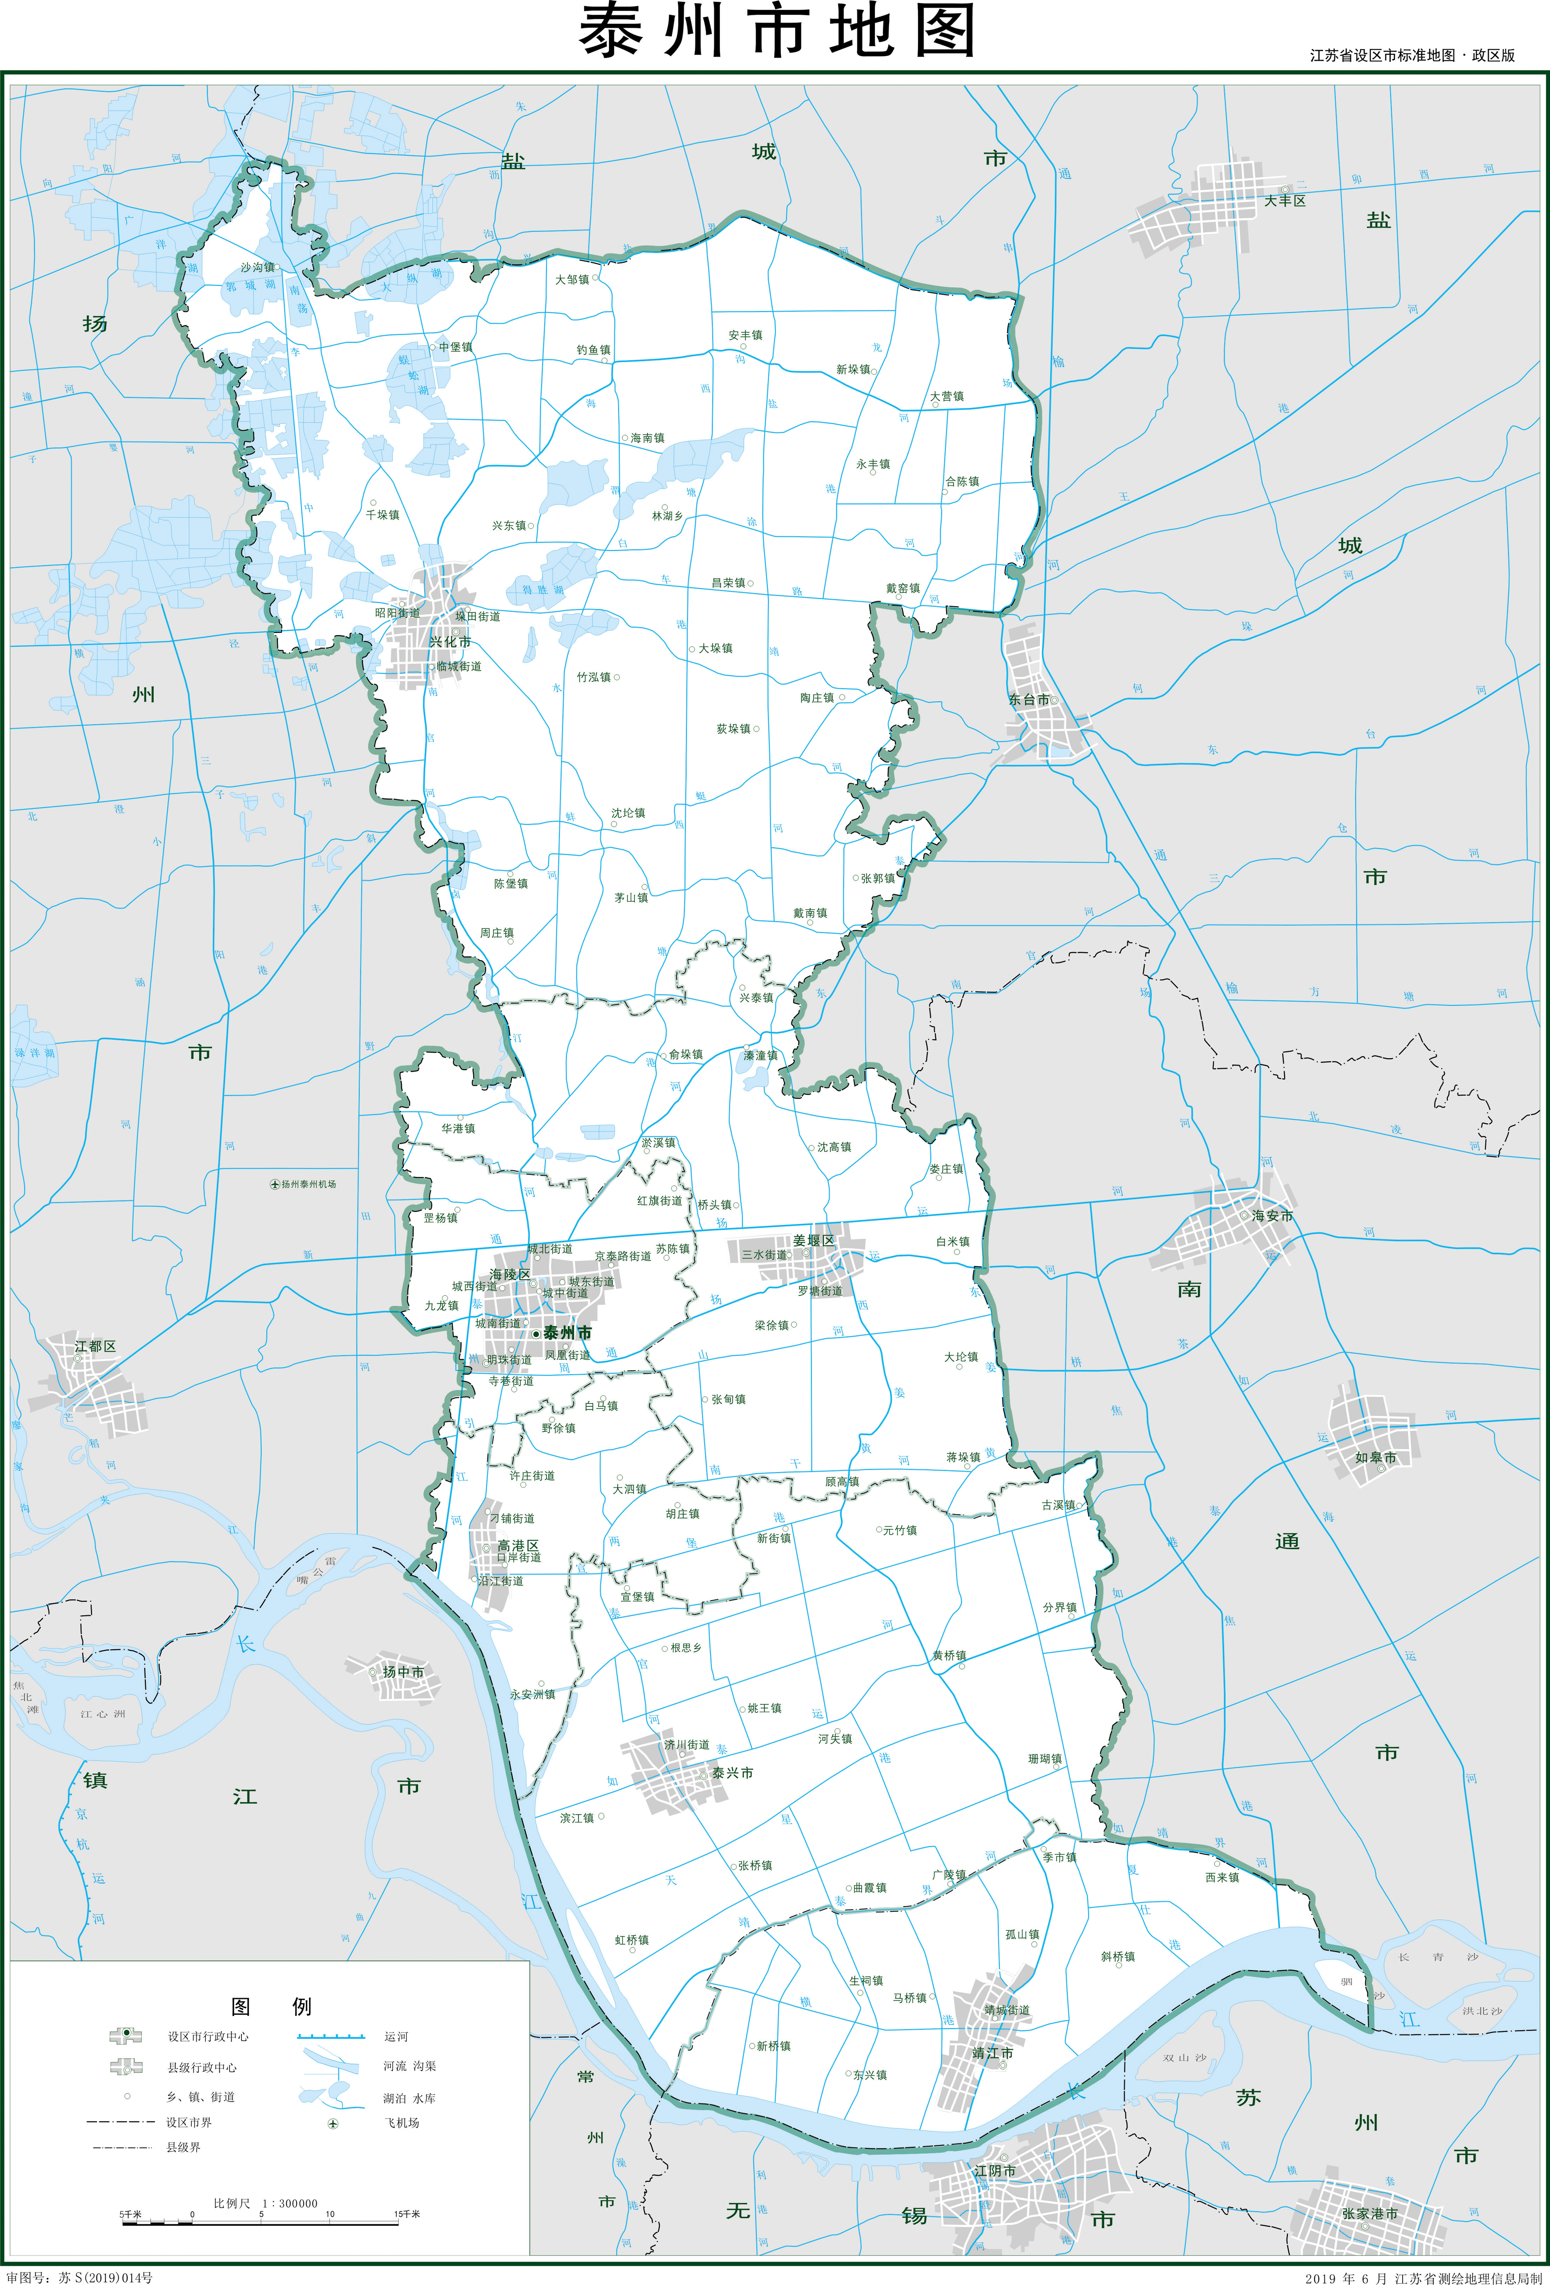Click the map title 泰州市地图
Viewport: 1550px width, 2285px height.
[776, 32]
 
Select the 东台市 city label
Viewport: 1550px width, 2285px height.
[1028, 700]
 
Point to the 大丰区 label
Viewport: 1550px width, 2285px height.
[1285, 200]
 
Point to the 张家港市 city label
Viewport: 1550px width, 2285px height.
[1369, 2213]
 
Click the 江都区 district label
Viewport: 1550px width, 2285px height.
[95, 1345]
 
